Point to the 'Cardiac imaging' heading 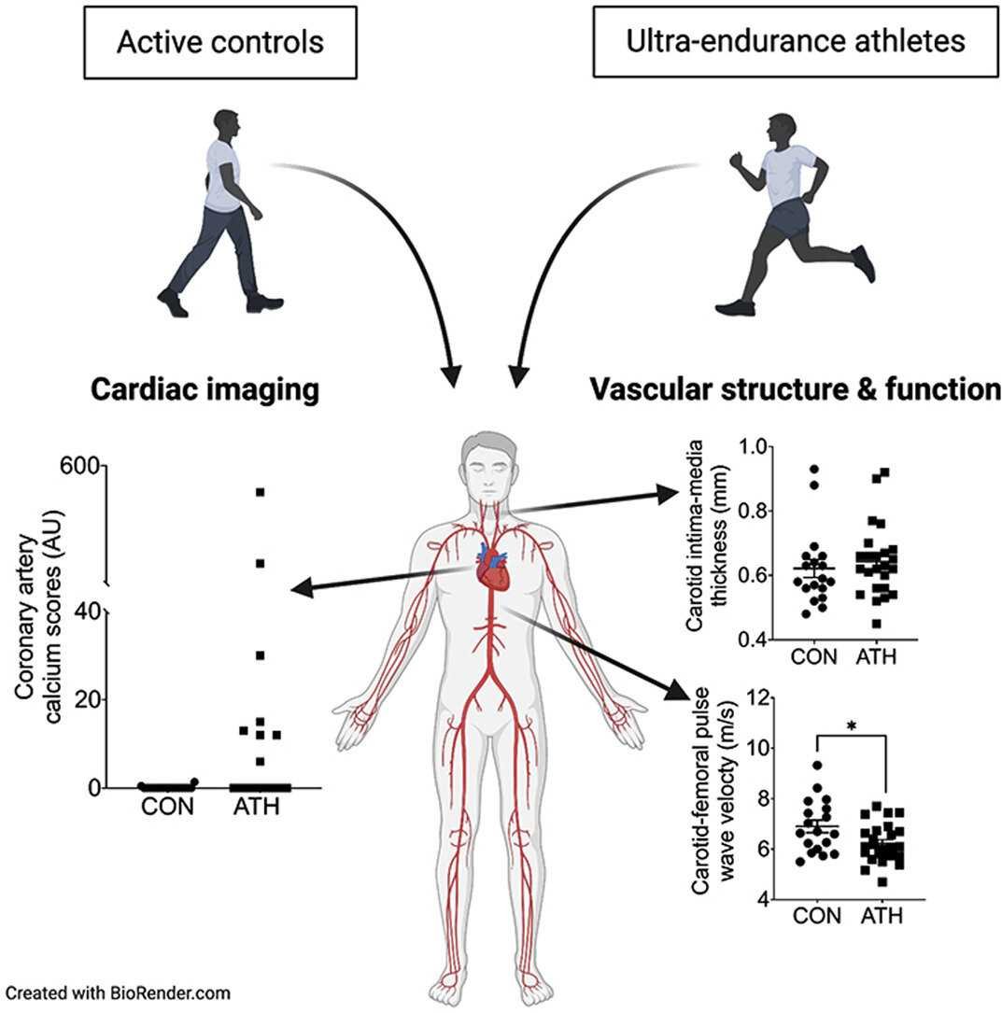(205, 390)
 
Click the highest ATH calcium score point (261, 491)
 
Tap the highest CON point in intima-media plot (814, 469)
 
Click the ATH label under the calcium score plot (254, 806)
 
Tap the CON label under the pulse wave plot (817, 916)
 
